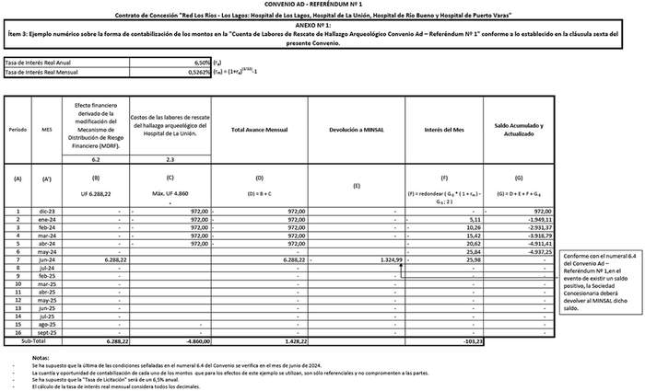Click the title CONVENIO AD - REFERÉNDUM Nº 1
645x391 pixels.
pos(322,6)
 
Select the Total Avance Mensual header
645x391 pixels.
pos(261,130)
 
